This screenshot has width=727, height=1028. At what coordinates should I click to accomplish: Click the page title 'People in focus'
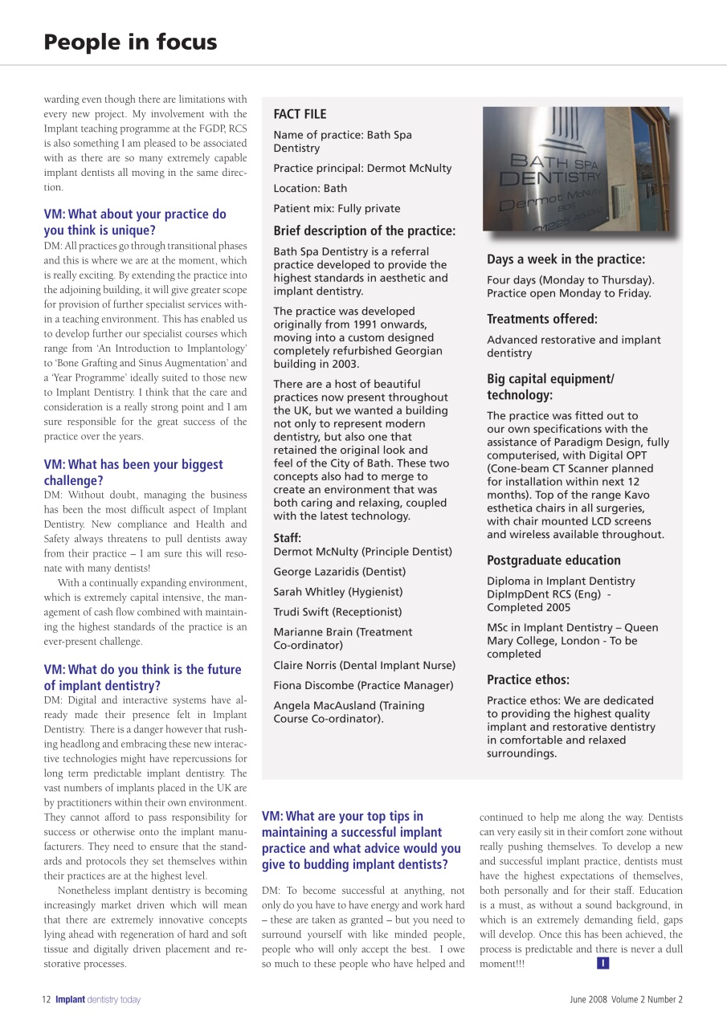tap(130, 42)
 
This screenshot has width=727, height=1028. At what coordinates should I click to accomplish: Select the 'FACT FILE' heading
tap(300, 114)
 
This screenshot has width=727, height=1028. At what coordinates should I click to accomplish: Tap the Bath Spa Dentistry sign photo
tap(576, 169)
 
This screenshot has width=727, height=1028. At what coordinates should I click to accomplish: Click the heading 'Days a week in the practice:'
tap(566, 259)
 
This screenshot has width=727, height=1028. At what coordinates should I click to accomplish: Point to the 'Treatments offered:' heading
tap(542, 319)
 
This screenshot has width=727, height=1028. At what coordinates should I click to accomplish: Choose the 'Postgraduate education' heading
tap(553, 561)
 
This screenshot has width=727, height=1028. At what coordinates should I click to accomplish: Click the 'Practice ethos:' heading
tap(528, 679)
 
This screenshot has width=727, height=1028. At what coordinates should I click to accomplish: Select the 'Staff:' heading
tap(288, 538)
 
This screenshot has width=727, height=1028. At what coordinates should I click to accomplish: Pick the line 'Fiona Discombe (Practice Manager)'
tap(363, 686)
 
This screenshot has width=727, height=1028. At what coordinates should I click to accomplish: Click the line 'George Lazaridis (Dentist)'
tap(339, 572)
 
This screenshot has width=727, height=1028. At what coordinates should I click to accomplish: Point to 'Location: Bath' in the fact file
tap(310, 188)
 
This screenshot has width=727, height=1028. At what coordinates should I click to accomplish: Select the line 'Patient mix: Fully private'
tap(337, 208)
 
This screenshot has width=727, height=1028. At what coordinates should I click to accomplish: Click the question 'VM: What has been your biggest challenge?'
tap(133, 472)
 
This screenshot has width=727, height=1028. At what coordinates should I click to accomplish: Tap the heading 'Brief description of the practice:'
tap(364, 230)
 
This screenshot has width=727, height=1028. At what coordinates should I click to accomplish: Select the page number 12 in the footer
tap(47, 1000)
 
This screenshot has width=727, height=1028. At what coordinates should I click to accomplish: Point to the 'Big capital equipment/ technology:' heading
tap(550, 387)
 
